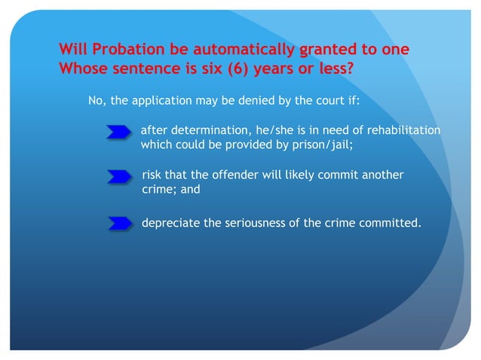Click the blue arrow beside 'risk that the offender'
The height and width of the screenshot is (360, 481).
pyautogui.click(x=120, y=178)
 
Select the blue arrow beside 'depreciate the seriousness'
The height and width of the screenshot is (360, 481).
pyautogui.click(x=120, y=223)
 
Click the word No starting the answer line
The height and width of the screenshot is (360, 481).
pyautogui.click(x=96, y=101)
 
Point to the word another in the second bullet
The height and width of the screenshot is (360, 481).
pyautogui.click(x=381, y=175)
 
